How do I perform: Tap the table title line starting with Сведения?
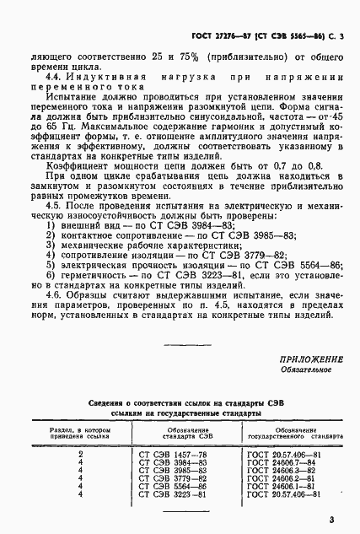(x=180, y=404)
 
